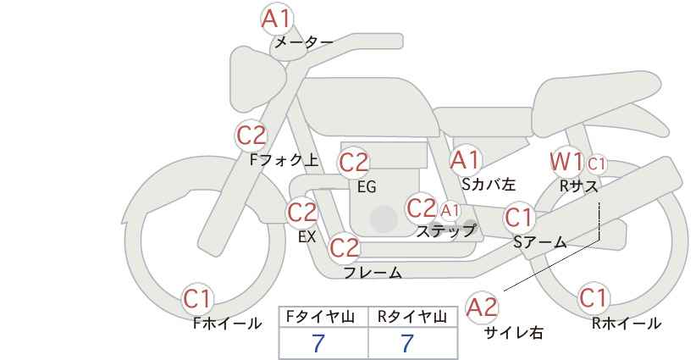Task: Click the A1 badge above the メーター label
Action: click(x=277, y=19)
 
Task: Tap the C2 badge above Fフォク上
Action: click(x=251, y=136)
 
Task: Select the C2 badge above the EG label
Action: click(x=354, y=163)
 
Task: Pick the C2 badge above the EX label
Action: click(x=302, y=212)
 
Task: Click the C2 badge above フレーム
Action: click(x=345, y=247)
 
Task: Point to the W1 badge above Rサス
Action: click(x=566, y=162)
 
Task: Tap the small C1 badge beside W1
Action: click(x=596, y=164)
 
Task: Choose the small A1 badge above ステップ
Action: click(x=450, y=211)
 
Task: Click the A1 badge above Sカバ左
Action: click(x=465, y=160)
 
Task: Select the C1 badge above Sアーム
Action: click(x=519, y=218)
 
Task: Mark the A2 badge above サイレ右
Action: click(x=483, y=307)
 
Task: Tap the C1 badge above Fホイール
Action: click(x=197, y=298)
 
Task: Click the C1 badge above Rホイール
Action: click(x=594, y=297)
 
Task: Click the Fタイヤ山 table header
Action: click(x=320, y=317)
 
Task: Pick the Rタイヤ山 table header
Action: click(x=412, y=317)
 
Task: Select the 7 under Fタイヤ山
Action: click(x=318, y=343)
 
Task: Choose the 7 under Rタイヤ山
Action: click(x=407, y=343)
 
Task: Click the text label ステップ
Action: click(x=445, y=231)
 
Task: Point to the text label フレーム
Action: click(x=373, y=273)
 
